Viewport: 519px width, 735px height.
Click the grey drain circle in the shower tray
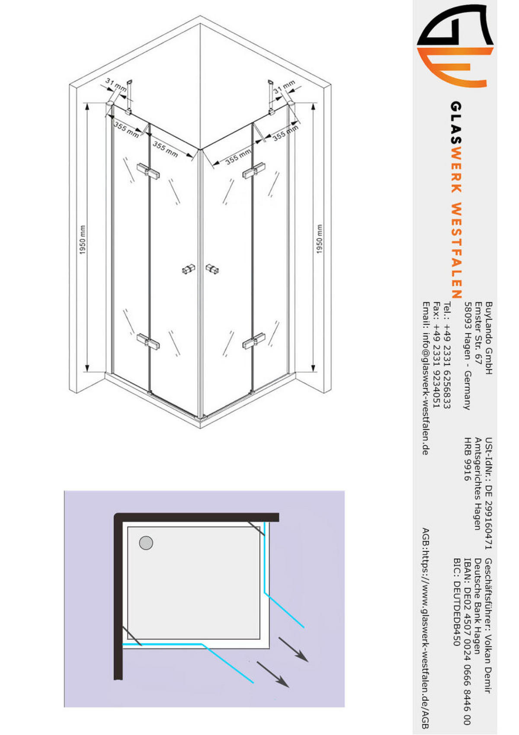tap(146, 543)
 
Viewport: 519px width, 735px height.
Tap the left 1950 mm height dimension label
tap(83, 239)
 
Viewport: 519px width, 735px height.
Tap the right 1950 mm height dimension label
tap(320, 239)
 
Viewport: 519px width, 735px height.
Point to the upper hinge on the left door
tap(148, 170)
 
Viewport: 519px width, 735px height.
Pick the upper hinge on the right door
tap(253, 171)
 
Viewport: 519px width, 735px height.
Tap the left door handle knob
tap(188, 270)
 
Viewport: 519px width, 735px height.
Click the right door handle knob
tap(212, 269)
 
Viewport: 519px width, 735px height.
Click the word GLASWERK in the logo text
tap(456, 147)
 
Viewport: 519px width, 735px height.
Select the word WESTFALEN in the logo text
tap(456, 251)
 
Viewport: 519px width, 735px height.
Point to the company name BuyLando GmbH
tap(489, 338)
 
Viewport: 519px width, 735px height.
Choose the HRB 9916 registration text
tap(468, 459)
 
